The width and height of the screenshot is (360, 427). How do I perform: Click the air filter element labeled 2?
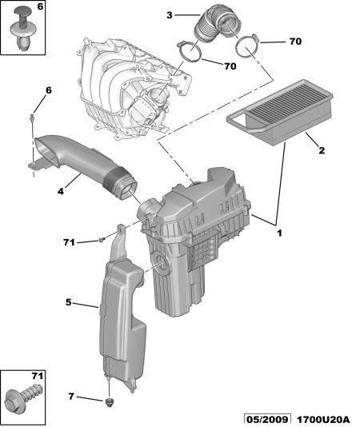tap(281, 112)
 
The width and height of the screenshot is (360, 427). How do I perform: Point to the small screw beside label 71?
tap(102, 240)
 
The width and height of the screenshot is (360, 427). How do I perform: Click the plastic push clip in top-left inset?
tap(24, 28)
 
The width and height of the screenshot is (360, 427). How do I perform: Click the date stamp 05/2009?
tap(267, 420)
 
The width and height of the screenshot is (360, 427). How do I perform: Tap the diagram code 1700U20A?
tap(323, 420)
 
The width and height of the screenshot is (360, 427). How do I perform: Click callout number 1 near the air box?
tap(279, 233)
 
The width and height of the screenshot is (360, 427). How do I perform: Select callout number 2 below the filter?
tap(322, 150)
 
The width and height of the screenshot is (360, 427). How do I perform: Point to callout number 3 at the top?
tap(170, 15)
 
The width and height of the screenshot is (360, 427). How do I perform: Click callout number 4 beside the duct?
tap(61, 191)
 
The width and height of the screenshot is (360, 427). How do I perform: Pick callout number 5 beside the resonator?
tap(69, 302)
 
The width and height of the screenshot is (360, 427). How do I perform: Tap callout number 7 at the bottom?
tap(71, 397)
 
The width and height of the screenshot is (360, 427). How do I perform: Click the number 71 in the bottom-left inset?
tap(38, 376)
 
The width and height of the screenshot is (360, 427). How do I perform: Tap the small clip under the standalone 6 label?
tap(33, 118)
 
